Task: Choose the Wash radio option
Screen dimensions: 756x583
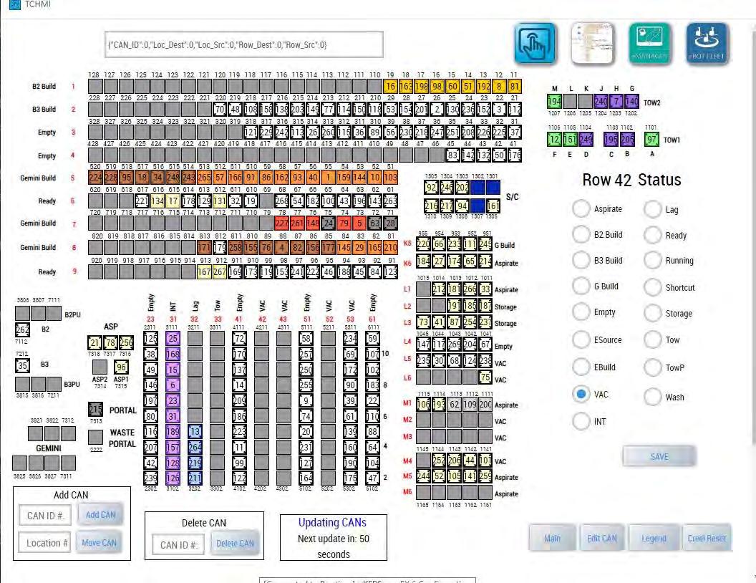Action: point(654,397)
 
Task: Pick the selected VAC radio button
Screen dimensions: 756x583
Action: point(582,394)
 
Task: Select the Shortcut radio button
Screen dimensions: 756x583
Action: point(654,287)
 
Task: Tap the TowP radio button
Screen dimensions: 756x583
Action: point(654,368)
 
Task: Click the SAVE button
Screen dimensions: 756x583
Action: point(659,456)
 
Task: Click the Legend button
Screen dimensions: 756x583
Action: point(653,538)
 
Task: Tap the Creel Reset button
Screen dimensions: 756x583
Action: point(706,538)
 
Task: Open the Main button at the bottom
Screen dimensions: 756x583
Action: point(552,538)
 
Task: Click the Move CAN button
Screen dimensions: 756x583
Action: point(100,542)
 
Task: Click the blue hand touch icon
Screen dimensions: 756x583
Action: point(534,43)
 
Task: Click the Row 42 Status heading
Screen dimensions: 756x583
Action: point(631,180)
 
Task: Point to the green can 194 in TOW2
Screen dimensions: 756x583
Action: point(554,102)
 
